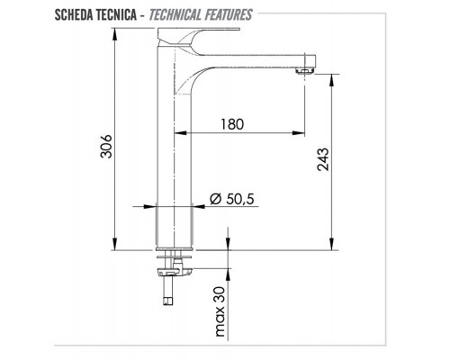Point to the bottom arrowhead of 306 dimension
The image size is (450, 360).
click(117, 245)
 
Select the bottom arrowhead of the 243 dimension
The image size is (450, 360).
click(336, 245)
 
